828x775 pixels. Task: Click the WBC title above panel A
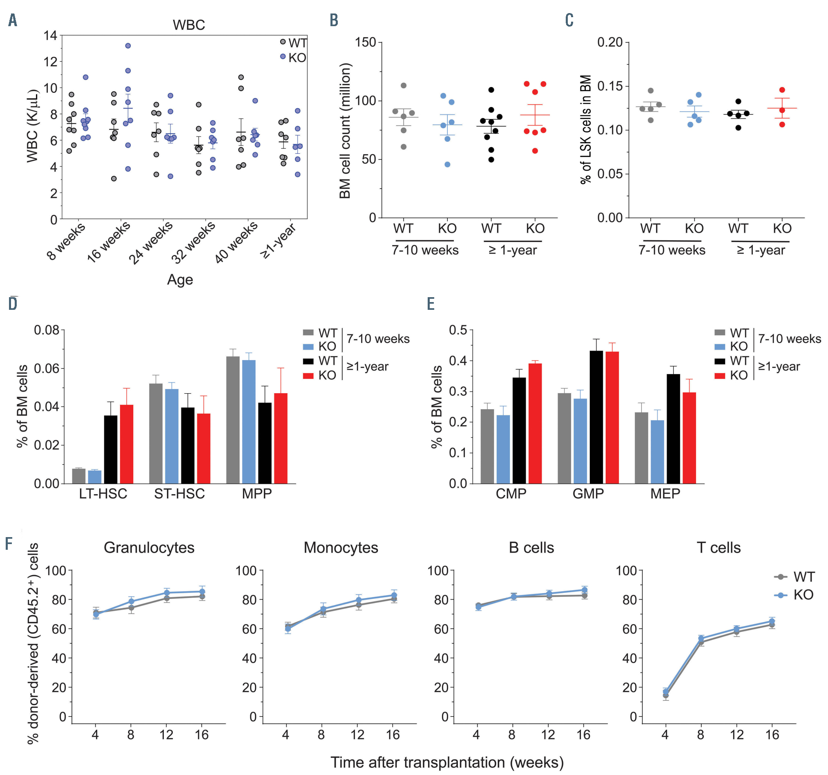189,25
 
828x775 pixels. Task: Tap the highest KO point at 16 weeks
128,45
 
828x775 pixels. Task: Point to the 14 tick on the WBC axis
50,36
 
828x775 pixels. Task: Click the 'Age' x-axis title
180,280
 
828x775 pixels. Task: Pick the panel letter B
334,20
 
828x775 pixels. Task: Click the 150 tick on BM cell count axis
365,42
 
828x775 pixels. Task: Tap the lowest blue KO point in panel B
447,165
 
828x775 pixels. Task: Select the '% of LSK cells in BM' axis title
586,129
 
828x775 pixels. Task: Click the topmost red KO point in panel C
782,90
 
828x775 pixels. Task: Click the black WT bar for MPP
264,443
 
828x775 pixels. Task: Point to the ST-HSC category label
179,494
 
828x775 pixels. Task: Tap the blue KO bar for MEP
657,452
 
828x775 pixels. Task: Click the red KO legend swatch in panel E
720,375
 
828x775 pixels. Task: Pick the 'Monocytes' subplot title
341,547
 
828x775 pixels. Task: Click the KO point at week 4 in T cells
665,692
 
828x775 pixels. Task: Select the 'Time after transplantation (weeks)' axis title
447,762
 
